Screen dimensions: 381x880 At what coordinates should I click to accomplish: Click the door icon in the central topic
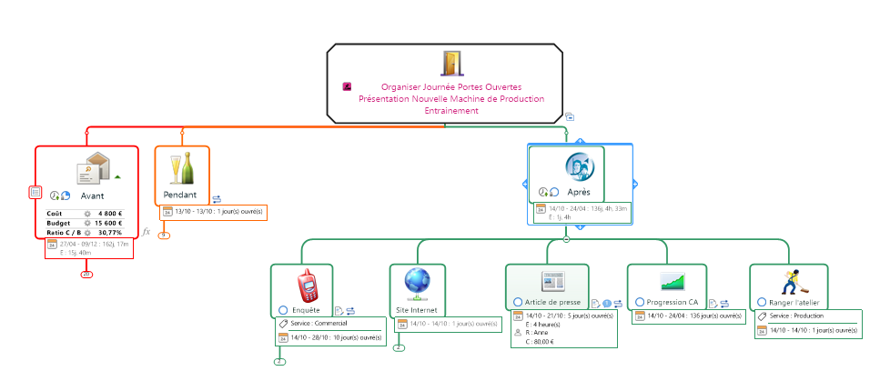tap(452, 63)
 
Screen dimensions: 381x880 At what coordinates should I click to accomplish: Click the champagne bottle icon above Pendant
tap(181, 169)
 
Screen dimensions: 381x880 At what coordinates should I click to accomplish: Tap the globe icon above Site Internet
tap(418, 283)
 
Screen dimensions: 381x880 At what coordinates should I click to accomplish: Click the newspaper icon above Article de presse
tap(554, 281)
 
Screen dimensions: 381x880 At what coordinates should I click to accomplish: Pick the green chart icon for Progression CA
tap(673, 281)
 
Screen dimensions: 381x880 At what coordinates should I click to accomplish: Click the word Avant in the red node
tap(92, 196)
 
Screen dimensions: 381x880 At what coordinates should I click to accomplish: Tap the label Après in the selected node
tap(579, 192)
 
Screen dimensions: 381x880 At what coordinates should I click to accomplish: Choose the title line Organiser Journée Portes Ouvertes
tap(451, 86)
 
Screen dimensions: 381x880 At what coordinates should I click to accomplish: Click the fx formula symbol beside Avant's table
tap(146, 232)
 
